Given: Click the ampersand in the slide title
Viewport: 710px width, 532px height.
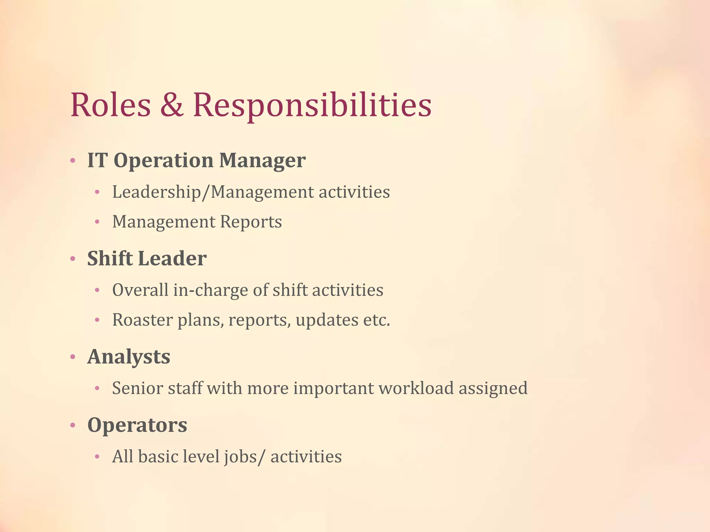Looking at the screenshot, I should point(172,105).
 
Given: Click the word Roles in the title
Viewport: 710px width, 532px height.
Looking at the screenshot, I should point(111,105).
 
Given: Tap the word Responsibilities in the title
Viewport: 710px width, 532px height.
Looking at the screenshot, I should point(312,105).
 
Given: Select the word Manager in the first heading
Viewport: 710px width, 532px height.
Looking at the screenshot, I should point(262,161).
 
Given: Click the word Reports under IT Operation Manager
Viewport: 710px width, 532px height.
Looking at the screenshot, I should point(251,222).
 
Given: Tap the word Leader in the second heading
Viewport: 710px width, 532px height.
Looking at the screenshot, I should point(172,259).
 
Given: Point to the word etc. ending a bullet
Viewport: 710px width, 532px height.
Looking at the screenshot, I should point(376,320).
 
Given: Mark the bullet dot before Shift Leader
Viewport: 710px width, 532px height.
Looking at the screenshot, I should point(72,259).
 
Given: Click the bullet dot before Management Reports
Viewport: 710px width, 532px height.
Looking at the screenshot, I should point(97,222).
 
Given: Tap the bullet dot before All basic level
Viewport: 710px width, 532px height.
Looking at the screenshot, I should point(97,457).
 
